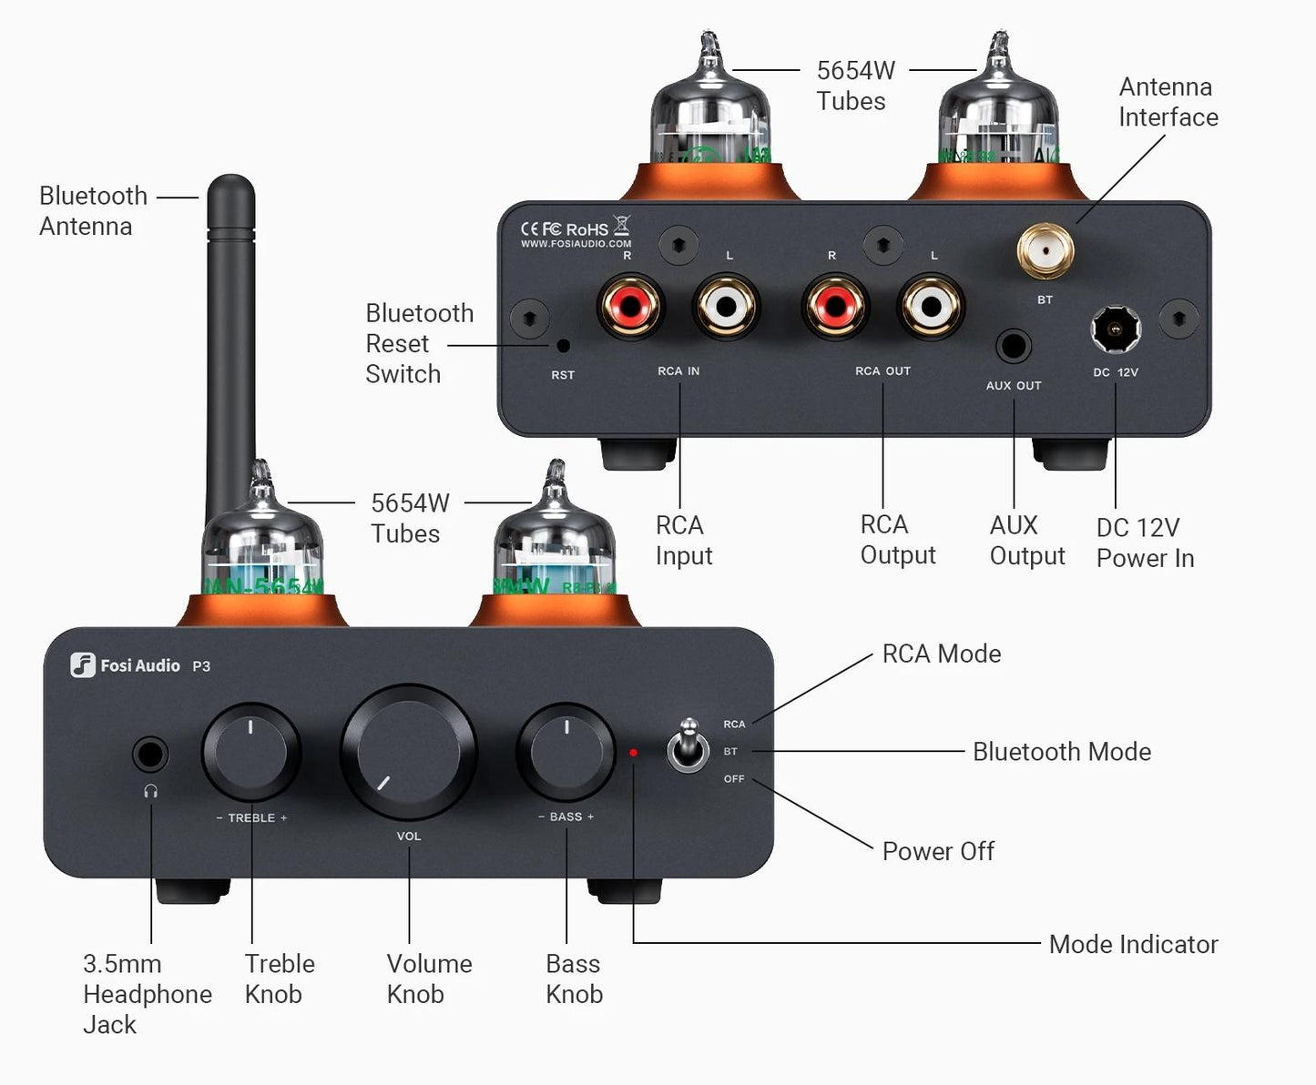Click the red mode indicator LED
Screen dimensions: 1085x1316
634,753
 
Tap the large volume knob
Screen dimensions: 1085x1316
409,752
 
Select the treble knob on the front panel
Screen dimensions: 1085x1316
250,752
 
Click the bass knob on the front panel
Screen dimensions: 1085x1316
566,751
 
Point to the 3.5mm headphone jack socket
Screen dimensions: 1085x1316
150,755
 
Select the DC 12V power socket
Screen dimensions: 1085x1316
1116,330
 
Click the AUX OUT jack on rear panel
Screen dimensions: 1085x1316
1013,346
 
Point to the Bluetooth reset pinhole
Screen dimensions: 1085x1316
563,346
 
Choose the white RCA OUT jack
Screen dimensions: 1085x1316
931,307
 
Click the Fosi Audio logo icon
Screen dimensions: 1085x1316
83,665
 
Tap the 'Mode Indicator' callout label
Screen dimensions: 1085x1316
1133,944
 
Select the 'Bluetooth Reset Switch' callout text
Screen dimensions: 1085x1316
419,343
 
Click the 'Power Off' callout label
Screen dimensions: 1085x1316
938,851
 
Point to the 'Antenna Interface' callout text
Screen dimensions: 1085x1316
1168,102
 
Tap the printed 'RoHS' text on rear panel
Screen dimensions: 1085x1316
587,229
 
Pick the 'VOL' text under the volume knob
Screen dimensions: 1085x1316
409,836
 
